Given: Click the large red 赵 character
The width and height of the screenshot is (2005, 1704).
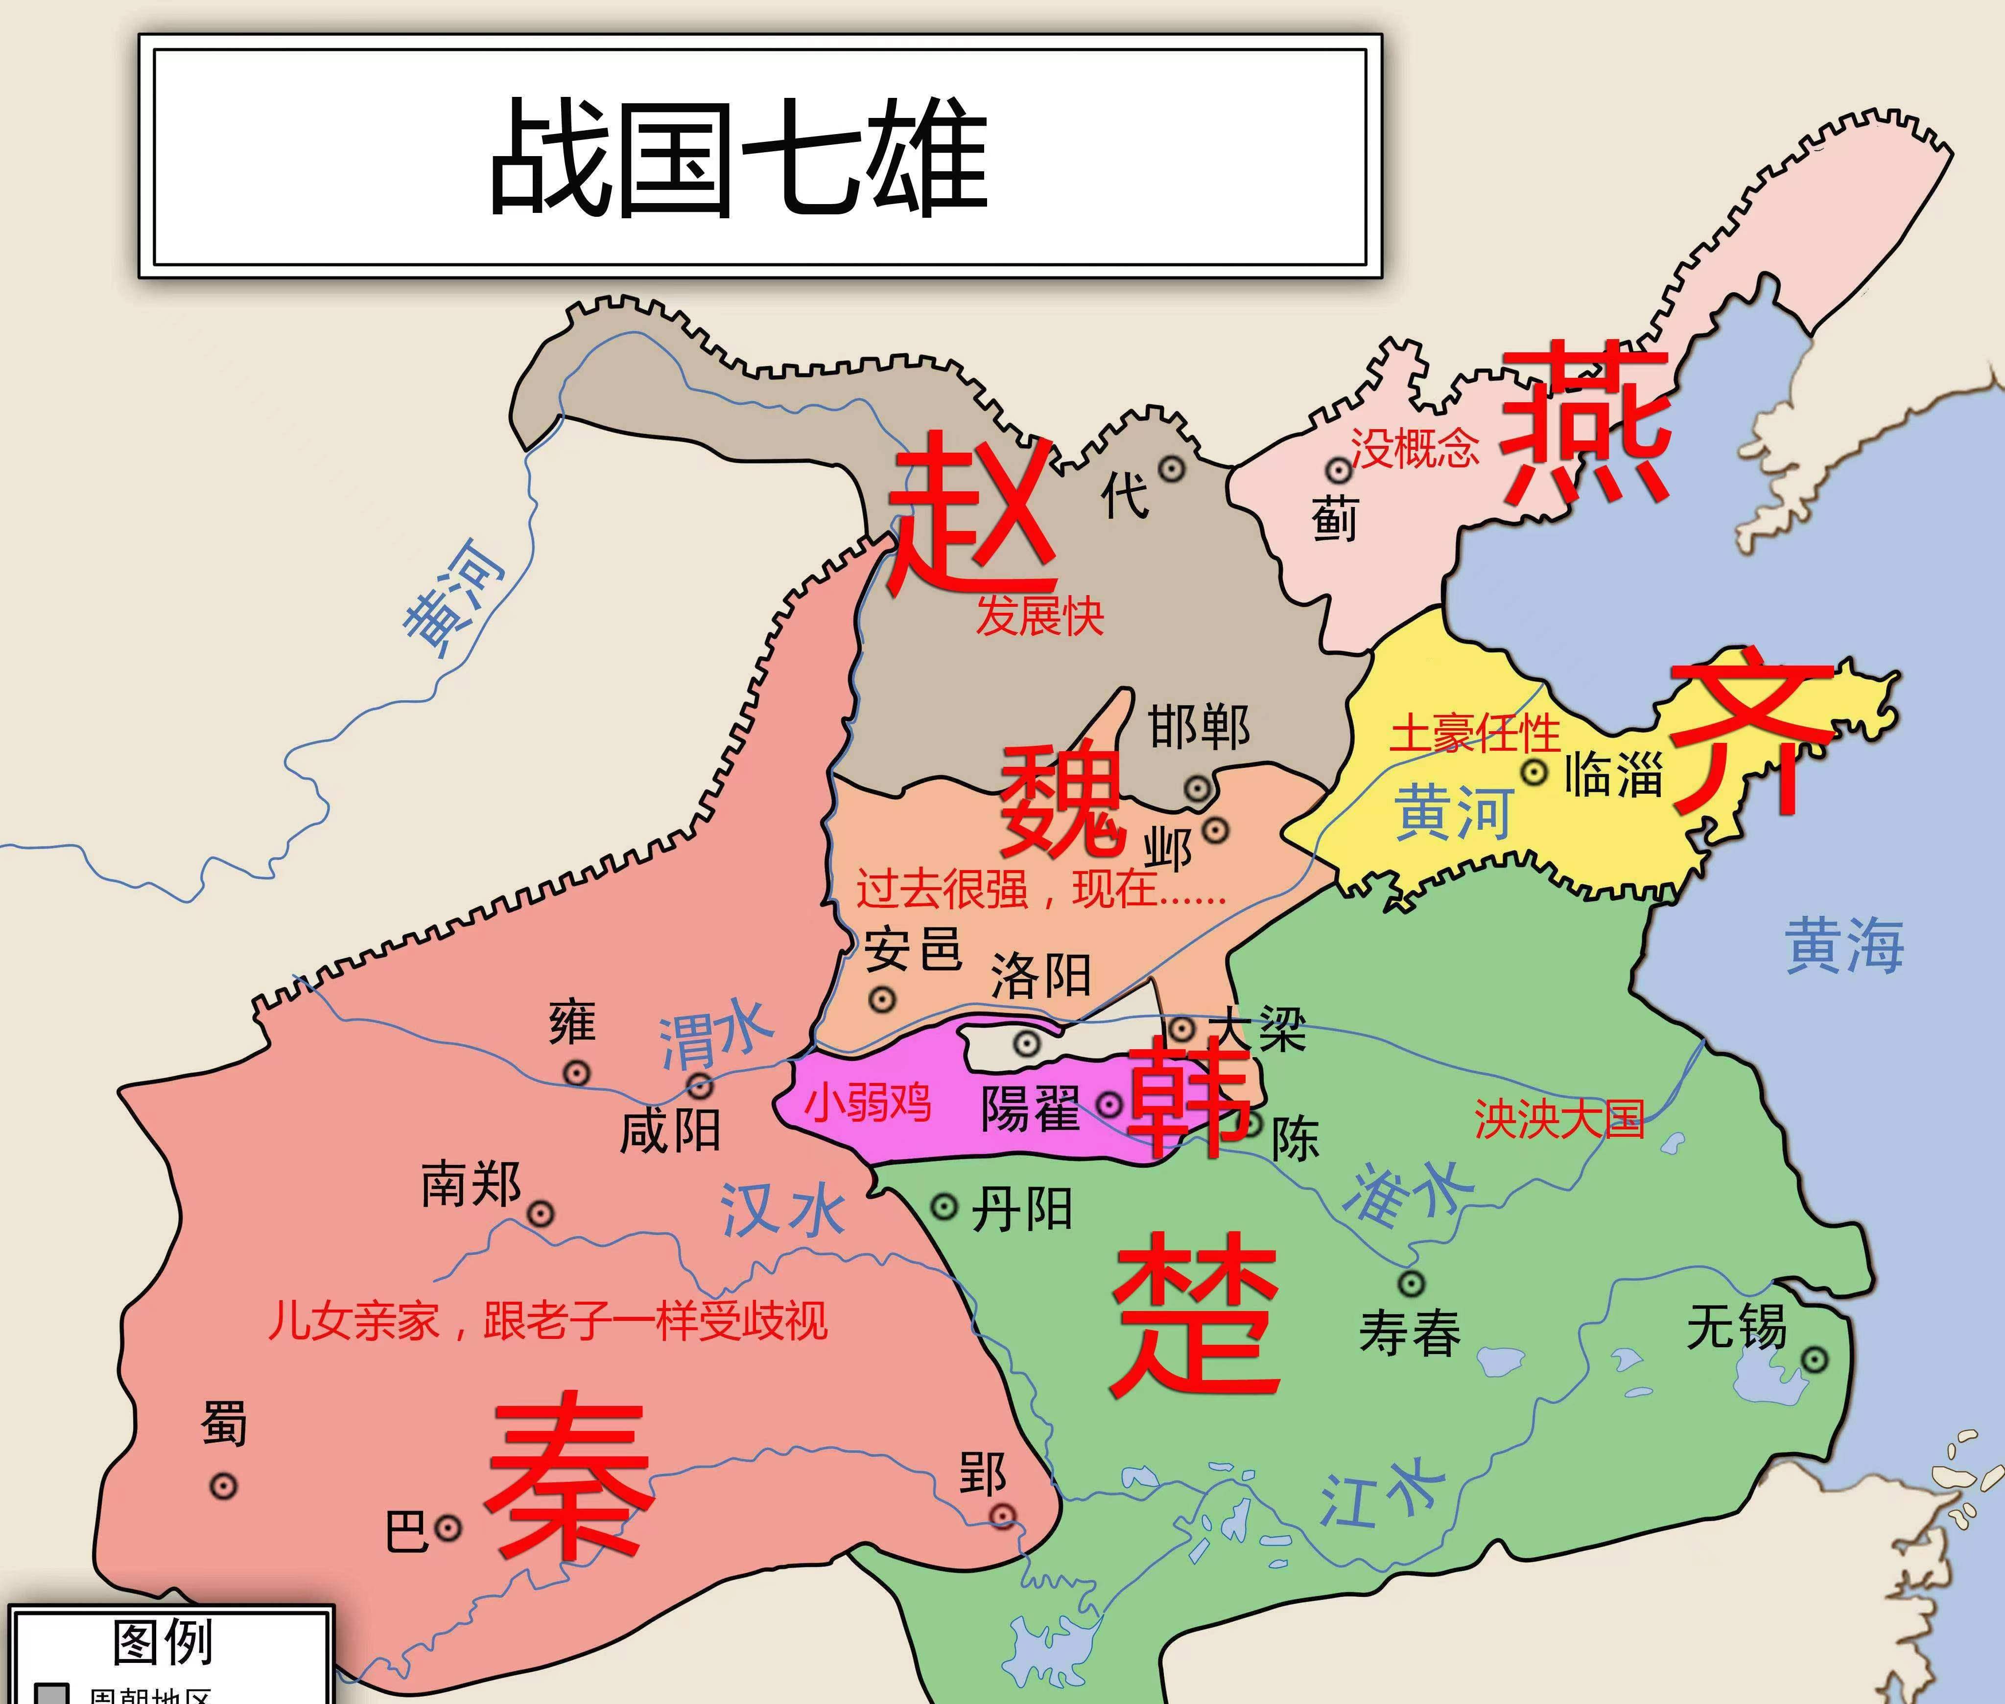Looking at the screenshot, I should [971, 512].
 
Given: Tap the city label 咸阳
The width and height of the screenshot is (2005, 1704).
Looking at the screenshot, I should [670, 1130].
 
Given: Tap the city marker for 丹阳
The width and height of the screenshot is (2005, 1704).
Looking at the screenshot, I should [944, 1206].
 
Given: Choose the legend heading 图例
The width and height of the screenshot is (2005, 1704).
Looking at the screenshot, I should [163, 1642].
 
